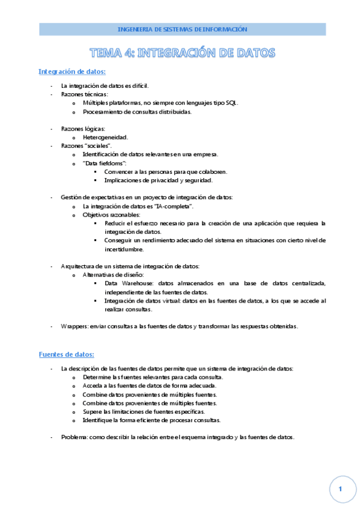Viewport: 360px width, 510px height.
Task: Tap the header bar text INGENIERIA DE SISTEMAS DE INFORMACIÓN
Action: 182,29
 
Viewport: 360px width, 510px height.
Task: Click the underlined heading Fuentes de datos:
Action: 66,355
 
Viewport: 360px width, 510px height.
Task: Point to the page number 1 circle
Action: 340,490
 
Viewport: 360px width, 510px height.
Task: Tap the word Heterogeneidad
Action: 105,137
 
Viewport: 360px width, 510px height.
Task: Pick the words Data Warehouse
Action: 126,283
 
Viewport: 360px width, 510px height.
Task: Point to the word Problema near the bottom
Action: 75,437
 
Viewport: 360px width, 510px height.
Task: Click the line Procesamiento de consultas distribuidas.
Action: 138,112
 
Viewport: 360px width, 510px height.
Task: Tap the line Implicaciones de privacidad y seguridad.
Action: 158,180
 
